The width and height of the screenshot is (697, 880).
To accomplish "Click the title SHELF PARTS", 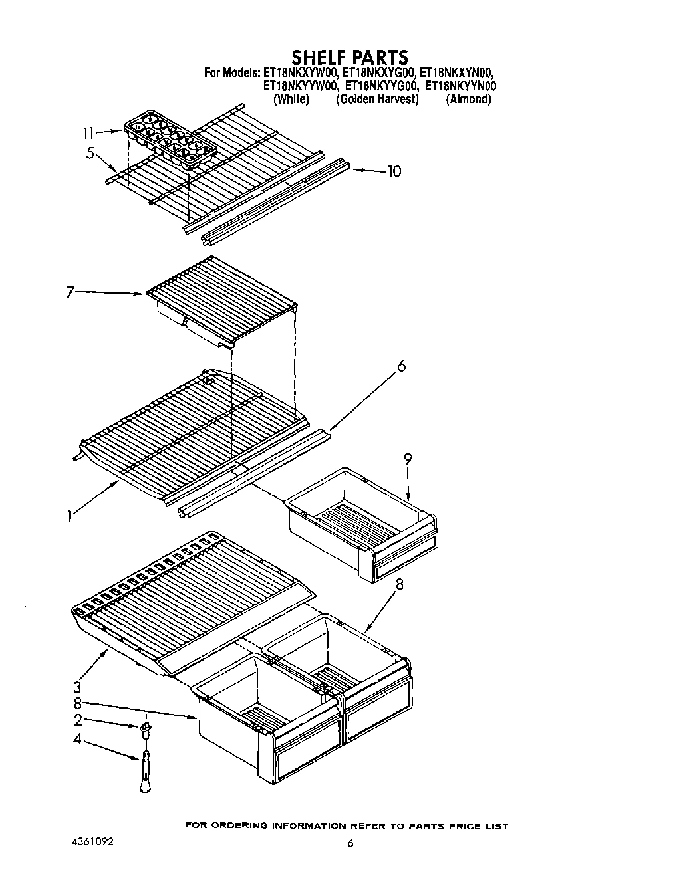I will point(349,56).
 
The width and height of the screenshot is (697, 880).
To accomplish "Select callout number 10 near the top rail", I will point(394,171).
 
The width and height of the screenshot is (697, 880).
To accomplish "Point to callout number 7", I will point(70,292).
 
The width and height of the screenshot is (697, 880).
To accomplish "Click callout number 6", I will point(401,366).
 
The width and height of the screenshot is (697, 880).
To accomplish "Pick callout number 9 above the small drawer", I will point(408,459).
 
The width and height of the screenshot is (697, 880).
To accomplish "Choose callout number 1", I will point(69,516).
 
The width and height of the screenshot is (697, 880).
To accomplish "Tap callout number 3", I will point(77,686).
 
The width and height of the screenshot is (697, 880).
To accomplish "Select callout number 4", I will point(77,737).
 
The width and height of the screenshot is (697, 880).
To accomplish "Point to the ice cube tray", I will point(170,138).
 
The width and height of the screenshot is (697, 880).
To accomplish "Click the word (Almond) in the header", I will point(468,99).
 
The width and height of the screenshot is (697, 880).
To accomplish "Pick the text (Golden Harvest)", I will point(377,99).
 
